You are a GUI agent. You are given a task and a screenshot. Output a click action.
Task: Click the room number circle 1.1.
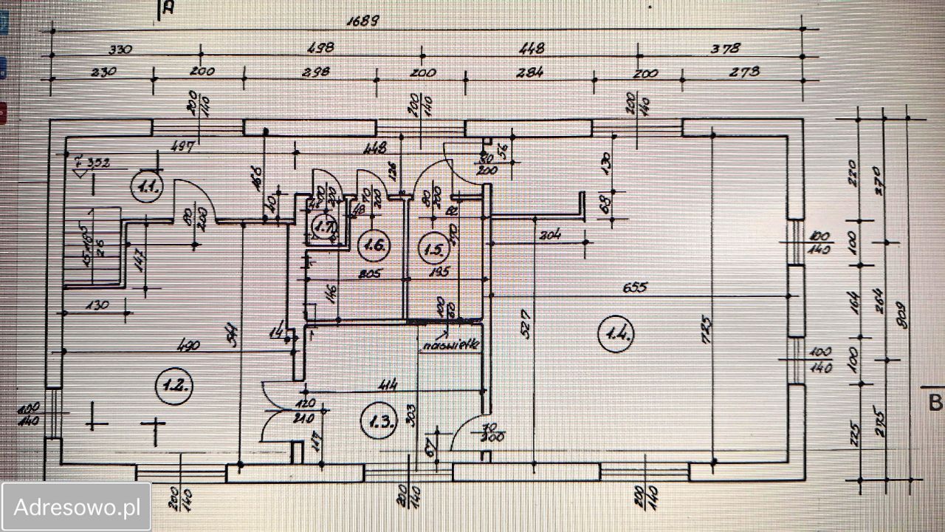coord(148,187)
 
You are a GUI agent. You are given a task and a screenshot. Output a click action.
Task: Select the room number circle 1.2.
coord(175,384)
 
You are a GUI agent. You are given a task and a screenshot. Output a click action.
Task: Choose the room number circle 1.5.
coord(433,248)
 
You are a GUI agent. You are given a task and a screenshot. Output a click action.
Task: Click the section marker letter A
coord(168,9)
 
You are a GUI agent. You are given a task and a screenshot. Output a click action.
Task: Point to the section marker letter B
coord(935,403)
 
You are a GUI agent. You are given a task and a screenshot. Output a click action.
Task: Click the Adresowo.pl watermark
coord(77,507)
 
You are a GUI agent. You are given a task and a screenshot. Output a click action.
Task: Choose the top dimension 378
coord(725,49)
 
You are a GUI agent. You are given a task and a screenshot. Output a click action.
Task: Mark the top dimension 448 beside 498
coord(532,49)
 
